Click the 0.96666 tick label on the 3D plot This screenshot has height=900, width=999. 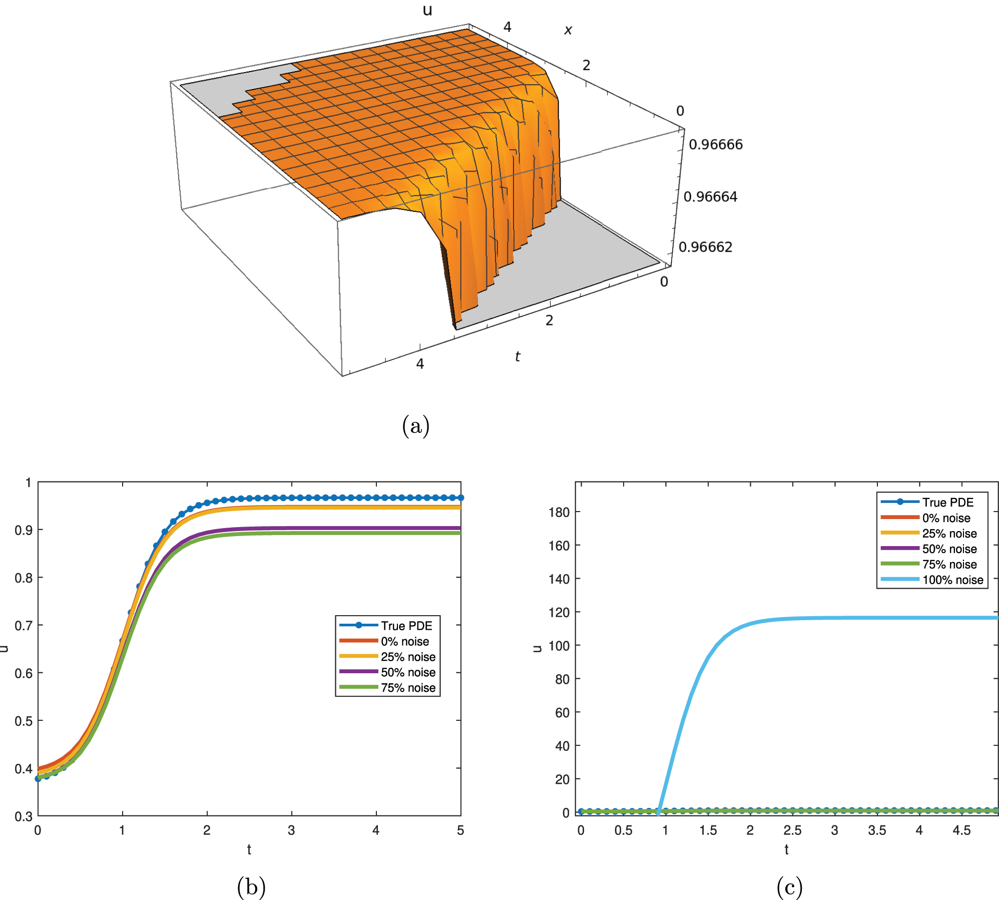click(715, 145)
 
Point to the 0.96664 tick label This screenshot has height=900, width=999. click(710, 197)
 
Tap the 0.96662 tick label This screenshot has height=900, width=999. click(705, 247)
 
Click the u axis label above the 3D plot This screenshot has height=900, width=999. click(427, 10)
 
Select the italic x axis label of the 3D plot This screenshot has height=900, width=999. click(568, 30)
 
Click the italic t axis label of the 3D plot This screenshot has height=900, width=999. click(518, 356)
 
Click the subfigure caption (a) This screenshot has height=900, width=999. click(415, 426)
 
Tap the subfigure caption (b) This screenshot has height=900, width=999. click(251, 887)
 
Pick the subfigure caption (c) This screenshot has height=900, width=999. click(789, 887)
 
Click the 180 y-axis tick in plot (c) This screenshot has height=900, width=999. click(559, 512)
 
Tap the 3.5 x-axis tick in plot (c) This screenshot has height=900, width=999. click(877, 830)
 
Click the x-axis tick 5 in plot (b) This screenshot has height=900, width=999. click(460, 830)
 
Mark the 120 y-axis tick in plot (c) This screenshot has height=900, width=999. click(559, 612)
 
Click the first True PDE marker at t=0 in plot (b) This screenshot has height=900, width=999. click(38, 779)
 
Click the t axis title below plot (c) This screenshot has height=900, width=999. click(786, 849)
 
